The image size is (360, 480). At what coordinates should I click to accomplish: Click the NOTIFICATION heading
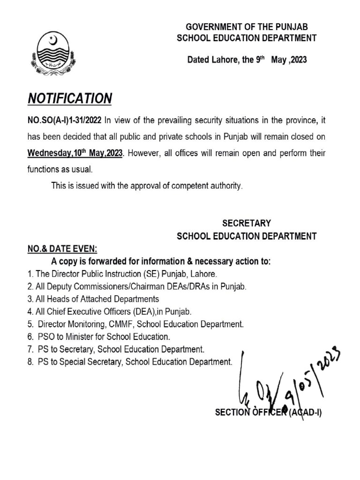(70, 98)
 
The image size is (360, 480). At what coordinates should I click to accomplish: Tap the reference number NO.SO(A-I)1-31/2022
(64, 120)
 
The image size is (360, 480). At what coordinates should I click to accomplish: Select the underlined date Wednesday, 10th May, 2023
(75, 154)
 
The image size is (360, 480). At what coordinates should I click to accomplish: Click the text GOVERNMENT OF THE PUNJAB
(247, 27)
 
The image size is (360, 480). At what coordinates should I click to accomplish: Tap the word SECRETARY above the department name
(246, 224)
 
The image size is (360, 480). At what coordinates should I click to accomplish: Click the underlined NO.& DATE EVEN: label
(62, 249)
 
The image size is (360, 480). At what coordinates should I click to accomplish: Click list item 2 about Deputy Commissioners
(136, 286)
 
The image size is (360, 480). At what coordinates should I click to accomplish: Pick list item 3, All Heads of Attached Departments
(93, 299)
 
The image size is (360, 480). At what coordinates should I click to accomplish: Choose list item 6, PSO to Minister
(98, 337)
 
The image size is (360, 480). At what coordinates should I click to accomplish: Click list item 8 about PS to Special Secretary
(129, 361)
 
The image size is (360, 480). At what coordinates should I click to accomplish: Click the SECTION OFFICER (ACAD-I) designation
(268, 412)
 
